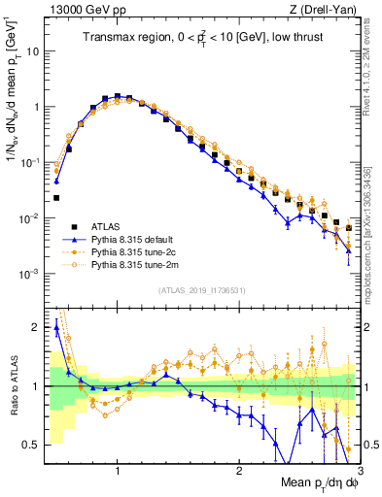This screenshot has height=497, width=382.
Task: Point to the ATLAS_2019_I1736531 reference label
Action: pyautogui.click(x=201, y=290)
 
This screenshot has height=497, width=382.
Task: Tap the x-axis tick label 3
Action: pyautogui.click(x=360, y=470)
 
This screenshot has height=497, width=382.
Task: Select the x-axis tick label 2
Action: pyautogui.click(x=239, y=470)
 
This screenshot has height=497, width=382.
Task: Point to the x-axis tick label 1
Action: pyautogui.click(x=118, y=470)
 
